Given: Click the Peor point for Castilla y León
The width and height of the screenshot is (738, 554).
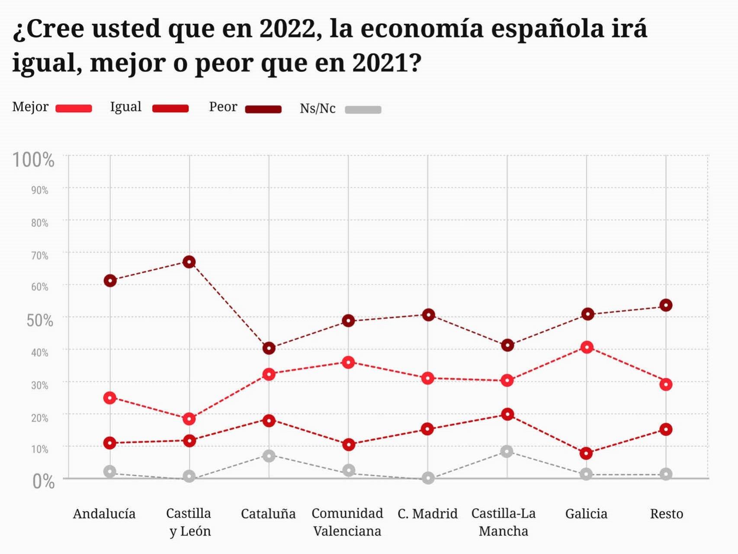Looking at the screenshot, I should coord(189,262).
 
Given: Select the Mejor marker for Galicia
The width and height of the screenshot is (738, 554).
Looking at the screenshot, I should coord(587,347).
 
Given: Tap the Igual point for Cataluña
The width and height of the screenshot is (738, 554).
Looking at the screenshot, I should coord(269,420).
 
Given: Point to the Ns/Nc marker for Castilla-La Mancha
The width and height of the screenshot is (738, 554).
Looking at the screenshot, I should coord(507,451).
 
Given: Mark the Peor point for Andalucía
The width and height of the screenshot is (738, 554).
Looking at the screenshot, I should coord(110,281).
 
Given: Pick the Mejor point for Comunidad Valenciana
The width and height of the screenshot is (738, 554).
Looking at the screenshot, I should coord(348,362).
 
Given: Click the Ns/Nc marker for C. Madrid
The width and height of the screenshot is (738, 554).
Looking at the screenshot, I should coord(428,478).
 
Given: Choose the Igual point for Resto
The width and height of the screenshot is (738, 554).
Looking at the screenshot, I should coord(666,429).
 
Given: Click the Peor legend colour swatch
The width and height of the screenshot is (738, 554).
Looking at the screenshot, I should coord(263,109).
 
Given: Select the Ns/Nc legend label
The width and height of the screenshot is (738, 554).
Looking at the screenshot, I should coord(318,108).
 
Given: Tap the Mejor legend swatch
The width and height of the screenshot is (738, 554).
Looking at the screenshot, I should coord(74,109).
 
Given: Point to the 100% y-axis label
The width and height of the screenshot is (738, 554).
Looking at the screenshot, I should coord(33,160).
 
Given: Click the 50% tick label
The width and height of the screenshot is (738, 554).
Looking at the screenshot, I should coord(39,321).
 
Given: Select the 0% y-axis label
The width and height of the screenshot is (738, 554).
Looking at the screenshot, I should coord(43,481).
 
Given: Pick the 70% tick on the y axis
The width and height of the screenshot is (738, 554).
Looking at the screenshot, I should coord(39,255).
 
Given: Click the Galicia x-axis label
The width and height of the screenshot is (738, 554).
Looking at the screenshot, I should coord(586,514).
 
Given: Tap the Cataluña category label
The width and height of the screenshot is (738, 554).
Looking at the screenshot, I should coord(268,514).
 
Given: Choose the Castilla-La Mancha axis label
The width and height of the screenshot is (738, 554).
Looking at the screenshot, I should coord(503,522).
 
